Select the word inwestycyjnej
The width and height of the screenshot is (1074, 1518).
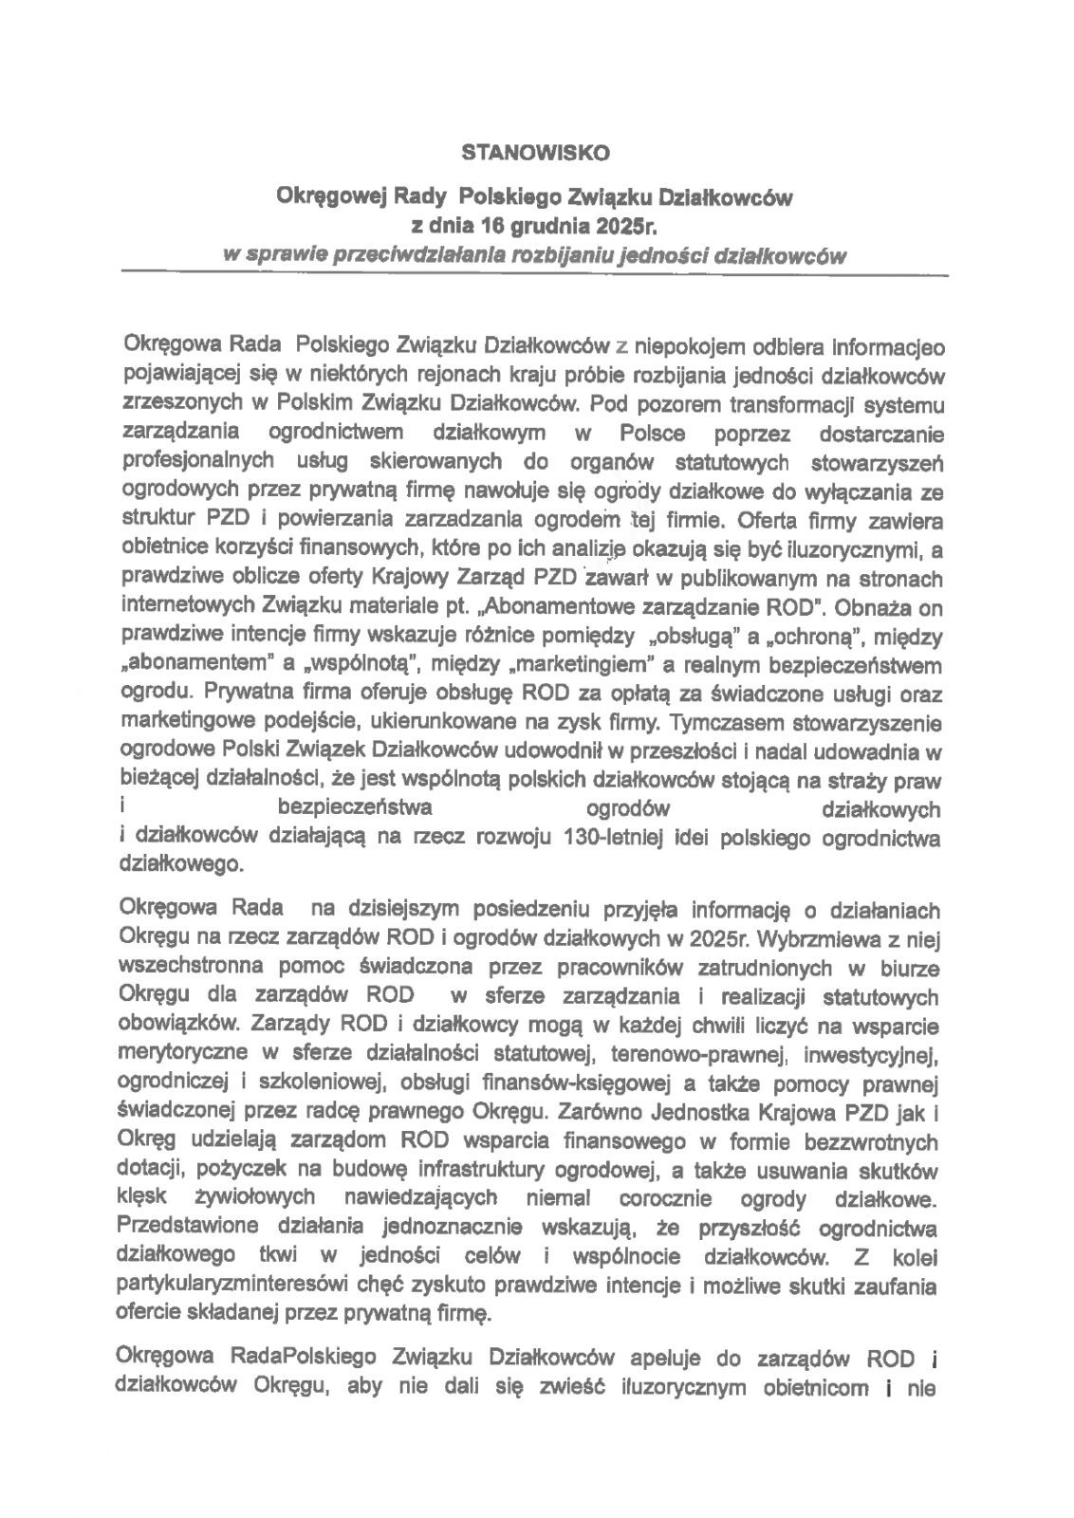873,1053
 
